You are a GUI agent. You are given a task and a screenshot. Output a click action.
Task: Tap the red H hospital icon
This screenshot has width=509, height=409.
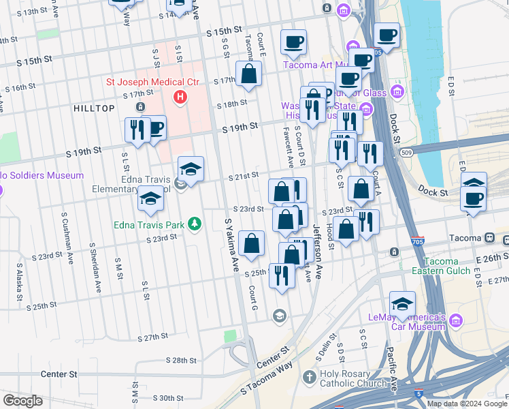point(180,97)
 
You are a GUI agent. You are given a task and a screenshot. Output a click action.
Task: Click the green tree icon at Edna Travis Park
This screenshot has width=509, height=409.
point(195,224)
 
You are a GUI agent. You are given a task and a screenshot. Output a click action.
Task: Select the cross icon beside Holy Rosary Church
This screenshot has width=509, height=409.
point(309,377)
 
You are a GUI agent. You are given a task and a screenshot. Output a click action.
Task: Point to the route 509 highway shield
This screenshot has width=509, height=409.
point(406,153)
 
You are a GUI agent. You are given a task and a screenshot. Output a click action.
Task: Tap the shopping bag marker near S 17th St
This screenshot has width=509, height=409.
point(249,74)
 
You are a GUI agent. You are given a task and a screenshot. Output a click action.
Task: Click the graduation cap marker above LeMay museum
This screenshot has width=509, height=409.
point(402,304)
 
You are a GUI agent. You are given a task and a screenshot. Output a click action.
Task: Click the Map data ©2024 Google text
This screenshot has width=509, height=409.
point(467,404)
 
